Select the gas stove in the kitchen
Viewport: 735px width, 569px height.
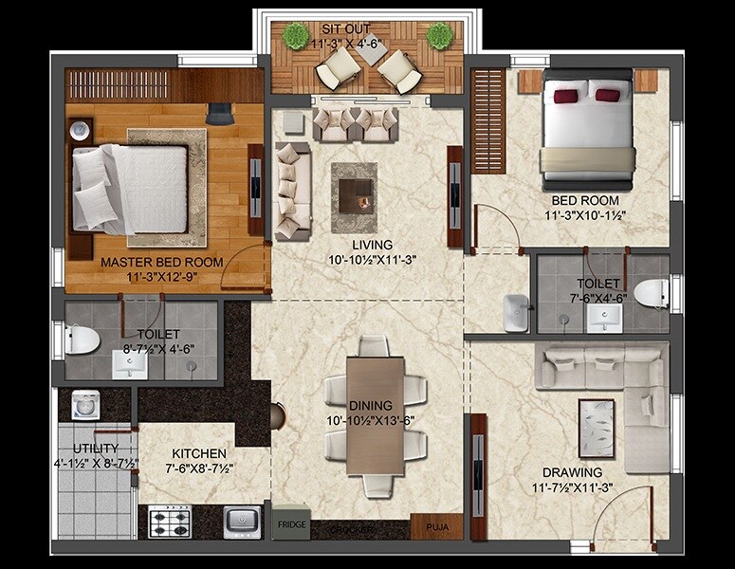point(171,521)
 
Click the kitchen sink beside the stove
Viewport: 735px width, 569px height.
point(243,521)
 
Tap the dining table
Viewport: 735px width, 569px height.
point(376,414)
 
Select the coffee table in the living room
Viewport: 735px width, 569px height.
point(354,187)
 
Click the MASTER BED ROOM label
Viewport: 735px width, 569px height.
point(162,263)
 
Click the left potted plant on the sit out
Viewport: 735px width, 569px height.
point(296,37)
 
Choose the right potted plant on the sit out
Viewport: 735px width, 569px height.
point(438,37)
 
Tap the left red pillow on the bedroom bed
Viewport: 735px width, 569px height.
point(566,94)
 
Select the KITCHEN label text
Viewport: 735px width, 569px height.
point(199,454)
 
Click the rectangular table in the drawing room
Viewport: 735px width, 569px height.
point(596,428)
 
